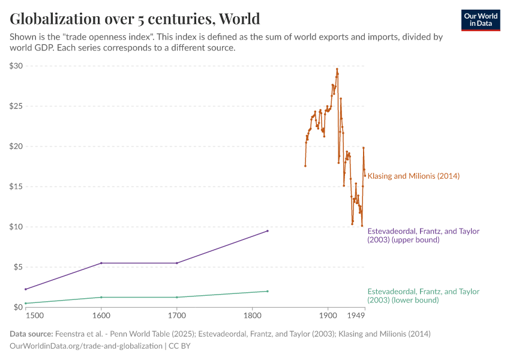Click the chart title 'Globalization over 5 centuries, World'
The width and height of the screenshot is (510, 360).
[x=135, y=19]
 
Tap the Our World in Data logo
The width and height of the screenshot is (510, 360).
[x=480, y=20]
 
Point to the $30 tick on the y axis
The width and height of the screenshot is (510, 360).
[x=16, y=66]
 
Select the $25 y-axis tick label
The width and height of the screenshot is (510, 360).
[x=16, y=106]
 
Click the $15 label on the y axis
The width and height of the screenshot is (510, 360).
[x=16, y=187]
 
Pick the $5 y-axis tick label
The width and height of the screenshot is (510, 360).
[x=17, y=267]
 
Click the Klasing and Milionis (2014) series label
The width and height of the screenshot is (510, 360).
[x=413, y=176]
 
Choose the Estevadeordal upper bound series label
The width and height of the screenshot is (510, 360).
[x=423, y=235]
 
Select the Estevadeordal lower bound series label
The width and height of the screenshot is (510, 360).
[x=423, y=295]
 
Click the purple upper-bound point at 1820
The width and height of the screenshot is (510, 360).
[x=268, y=231]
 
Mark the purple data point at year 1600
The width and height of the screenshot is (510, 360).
[x=101, y=263]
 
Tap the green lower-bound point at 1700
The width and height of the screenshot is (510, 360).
[x=176, y=297]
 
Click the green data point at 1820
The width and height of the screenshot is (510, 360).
[x=268, y=291]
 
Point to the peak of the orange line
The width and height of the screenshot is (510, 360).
[x=337, y=69]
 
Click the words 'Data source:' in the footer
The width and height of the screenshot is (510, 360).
[x=31, y=334]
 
